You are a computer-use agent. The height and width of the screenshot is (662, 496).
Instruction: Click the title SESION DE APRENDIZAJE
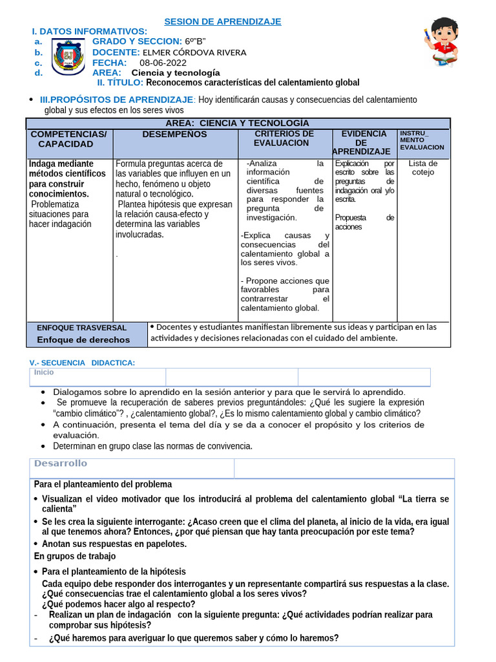pos(223,21)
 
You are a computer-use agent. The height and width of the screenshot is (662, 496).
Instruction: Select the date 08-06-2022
pos(158,63)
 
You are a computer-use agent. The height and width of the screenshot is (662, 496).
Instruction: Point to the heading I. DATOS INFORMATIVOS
pos(90,32)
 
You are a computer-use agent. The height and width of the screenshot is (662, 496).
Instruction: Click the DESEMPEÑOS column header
pos(174,134)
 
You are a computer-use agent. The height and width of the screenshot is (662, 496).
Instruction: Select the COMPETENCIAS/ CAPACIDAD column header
pos(69,139)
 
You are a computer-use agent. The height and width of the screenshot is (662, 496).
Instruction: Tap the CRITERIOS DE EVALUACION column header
pos(284,138)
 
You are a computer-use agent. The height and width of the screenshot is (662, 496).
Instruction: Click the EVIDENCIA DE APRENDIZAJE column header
pos(362,143)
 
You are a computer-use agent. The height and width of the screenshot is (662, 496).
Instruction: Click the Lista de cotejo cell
pos(423,168)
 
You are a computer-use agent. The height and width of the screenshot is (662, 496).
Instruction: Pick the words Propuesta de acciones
pos(364,222)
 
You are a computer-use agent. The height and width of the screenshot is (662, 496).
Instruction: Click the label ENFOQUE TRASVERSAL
pos(82,328)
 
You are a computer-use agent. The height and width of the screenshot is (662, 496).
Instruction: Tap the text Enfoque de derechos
pos(83,340)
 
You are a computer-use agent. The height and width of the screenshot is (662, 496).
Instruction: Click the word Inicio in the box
pos(45,372)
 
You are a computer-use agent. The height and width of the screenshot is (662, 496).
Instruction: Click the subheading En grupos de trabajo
pos(75,556)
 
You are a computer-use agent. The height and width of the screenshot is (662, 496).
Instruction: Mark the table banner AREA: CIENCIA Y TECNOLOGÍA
pos(238,123)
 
